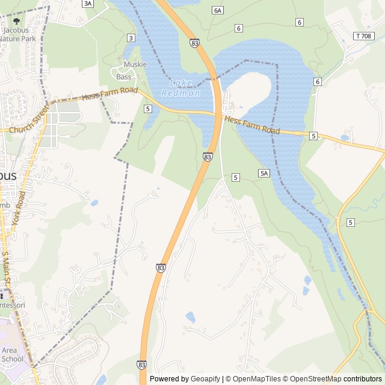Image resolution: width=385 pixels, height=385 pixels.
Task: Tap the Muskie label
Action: tap(135, 64)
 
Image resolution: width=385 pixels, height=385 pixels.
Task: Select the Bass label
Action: tap(123, 77)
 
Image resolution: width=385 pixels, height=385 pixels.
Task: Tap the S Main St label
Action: tap(5, 268)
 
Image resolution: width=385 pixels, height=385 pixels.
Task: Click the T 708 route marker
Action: tap(363, 36)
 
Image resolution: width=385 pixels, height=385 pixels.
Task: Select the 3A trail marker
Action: tap(88, 4)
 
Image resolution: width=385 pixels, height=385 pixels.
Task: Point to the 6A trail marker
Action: tap(218, 10)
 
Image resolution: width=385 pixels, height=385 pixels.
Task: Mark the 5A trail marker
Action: tap(263, 173)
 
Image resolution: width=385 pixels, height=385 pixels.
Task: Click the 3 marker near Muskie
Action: tap(131, 38)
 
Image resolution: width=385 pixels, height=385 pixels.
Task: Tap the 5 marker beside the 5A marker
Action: tap(235, 177)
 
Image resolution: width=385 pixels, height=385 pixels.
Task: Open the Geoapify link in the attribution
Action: tap(205, 379)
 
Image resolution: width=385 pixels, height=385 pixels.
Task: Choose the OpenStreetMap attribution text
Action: tap(313, 379)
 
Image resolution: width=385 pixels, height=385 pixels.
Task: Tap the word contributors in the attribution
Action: tap(363, 379)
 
